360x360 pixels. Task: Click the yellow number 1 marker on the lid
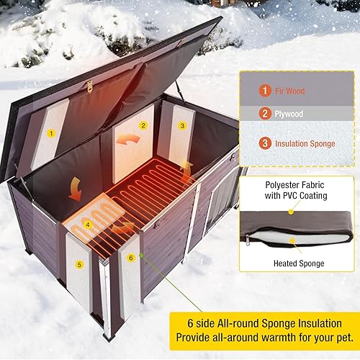pos(52,133)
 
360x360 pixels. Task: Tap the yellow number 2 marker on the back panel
pos(143,125)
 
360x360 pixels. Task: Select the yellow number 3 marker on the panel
pos(182,125)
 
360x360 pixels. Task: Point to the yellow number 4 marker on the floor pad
pos(88,223)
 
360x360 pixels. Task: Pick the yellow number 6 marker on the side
pos(130,257)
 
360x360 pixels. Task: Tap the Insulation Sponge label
pos(305,143)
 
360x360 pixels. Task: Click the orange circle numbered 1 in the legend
pos(266,91)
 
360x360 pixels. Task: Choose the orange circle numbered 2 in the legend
pos(266,113)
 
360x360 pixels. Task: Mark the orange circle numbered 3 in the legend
pos(266,143)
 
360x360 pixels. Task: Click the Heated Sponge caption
pos(297,263)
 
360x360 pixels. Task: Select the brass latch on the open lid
pos(89,86)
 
